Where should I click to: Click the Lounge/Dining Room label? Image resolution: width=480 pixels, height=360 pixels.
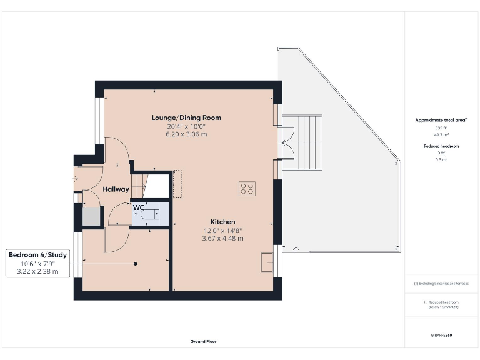point(186,117)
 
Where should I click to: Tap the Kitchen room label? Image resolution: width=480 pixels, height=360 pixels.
point(222,222)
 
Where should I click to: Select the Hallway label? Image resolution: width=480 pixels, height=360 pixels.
point(116,189)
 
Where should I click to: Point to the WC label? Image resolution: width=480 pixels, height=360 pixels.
point(138,207)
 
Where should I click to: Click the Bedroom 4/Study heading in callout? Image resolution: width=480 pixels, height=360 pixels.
point(37,255)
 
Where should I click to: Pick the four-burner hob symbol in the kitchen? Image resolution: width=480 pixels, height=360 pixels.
point(247,189)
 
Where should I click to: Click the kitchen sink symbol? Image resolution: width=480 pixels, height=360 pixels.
point(267,262)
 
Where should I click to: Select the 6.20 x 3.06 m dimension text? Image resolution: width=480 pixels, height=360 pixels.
point(186,134)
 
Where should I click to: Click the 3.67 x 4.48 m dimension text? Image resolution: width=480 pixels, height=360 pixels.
point(222,238)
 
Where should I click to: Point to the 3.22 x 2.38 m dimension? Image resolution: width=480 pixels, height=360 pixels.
point(37,271)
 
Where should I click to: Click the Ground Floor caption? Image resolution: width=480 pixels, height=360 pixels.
point(204,342)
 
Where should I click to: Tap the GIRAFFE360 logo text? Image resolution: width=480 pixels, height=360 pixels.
point(441,336)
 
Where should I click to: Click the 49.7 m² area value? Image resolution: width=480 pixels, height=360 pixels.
point(441,134)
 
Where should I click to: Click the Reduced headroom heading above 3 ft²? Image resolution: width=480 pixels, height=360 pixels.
point(441,146)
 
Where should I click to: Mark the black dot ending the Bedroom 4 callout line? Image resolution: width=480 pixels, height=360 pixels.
point(135,264)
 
